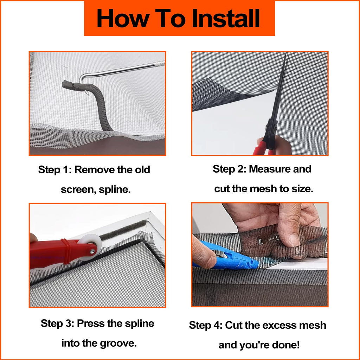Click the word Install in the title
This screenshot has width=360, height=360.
(x=226, y=18)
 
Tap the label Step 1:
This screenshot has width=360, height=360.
(x=55, y=170)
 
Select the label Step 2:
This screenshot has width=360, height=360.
(x=230, y=169)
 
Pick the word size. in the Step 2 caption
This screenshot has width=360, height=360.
(x=303, y=189)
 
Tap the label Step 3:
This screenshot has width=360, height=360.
(x=58, y=323)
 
